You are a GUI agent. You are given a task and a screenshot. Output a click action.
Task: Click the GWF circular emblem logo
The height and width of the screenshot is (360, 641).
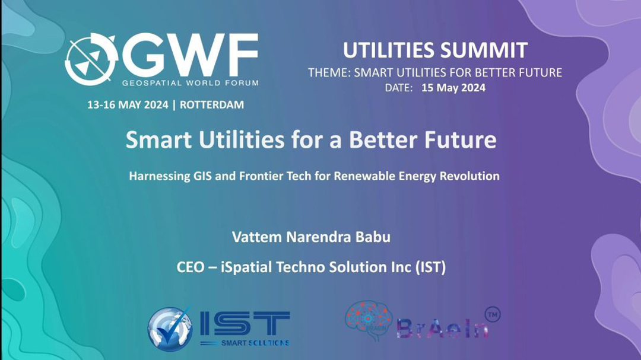click(x=91, y=59)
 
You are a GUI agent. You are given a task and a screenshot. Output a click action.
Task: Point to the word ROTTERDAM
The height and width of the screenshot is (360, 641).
click(x=212, y=104)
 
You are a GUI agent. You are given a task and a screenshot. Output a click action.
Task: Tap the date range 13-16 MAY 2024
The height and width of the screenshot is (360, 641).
click(x=128, y=104)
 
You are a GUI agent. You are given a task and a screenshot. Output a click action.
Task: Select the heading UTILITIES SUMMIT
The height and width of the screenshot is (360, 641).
click(x=435, y=50)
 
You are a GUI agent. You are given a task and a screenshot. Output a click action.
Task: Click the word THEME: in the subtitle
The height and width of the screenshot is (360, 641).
click(x=329, y=73)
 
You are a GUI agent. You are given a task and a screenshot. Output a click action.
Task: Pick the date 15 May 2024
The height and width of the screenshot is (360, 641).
click(x=453, y=88)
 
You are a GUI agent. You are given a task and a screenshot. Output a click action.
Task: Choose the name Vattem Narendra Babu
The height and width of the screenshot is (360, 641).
click(x=311, y=237)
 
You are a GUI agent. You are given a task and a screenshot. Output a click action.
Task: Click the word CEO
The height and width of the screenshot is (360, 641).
click(x=190, y=267)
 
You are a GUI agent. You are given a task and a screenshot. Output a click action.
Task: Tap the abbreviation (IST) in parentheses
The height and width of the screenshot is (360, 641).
click(x=430, y=267)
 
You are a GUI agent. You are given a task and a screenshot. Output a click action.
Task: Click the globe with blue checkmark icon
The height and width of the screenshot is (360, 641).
click(x=170, y=329)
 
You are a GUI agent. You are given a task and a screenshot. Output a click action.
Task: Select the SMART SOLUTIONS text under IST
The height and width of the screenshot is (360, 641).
click(x=255, y=343)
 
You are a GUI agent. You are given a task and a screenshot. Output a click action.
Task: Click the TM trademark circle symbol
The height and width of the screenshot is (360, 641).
click(x=493, y=315)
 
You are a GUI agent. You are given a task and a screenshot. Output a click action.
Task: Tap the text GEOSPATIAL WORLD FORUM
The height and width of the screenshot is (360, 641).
click(x=190, y=83)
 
